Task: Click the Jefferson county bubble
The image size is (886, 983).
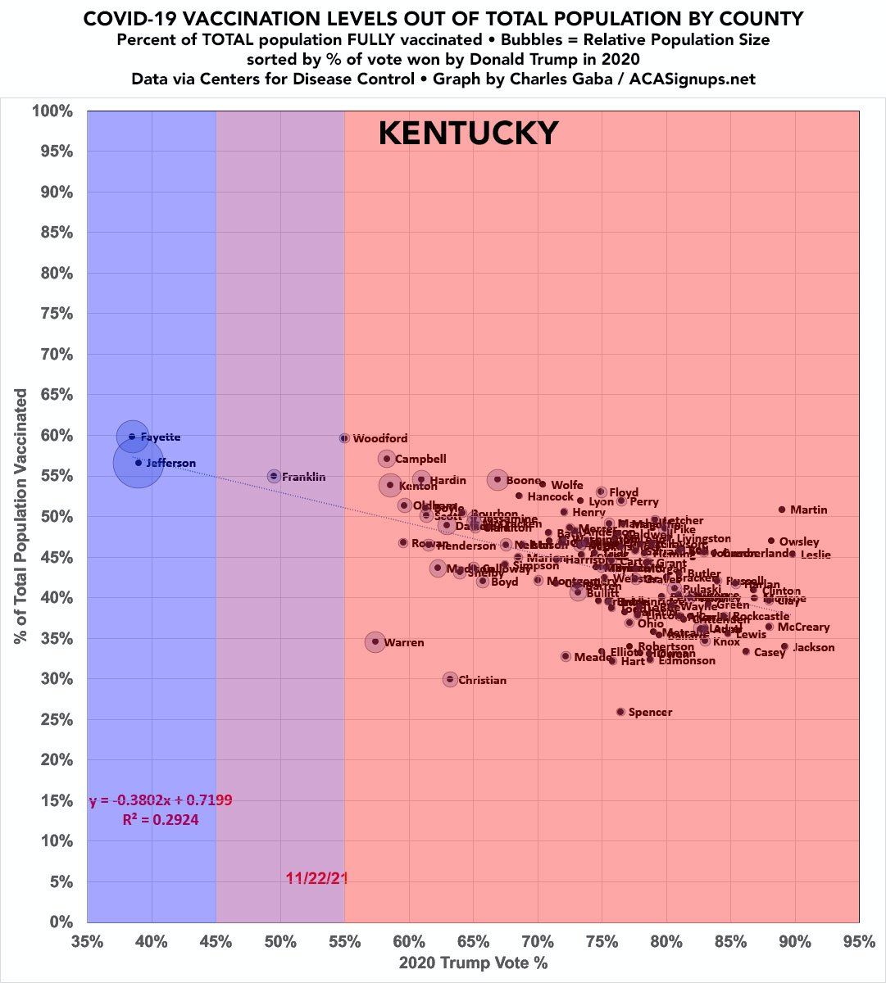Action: point(139,463)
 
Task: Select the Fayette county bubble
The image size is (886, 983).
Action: point(132,437)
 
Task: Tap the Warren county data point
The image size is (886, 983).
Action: point(375,641)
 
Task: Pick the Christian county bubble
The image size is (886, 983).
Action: point(450,679)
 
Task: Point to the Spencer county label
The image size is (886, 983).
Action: point(650,712)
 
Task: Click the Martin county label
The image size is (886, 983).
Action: point(808,510)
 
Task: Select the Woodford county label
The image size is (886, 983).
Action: point(379,439)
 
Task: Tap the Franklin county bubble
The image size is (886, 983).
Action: point(274,476)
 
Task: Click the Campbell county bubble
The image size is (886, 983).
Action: point(387,459)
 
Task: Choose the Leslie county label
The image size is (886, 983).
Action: point(816,555)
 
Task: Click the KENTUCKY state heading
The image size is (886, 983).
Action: point(468,133)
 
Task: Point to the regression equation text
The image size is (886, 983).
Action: point(155,800)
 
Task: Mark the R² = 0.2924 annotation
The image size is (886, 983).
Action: point(161,819)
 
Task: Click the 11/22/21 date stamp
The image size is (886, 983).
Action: point(317,878)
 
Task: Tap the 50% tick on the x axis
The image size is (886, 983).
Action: point(280,942)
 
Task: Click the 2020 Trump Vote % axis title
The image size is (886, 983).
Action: point(473,963)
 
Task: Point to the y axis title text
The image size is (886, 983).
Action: point(20,516)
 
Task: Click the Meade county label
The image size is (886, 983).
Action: point(593,657)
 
